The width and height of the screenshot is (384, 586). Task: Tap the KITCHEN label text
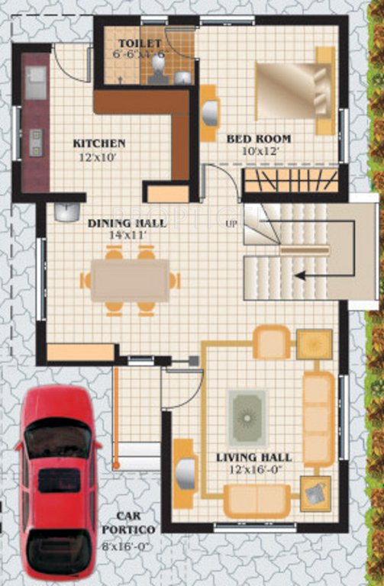[x=99, y=143]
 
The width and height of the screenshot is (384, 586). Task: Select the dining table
[x=130, y=280]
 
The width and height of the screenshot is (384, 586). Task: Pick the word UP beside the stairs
[x=231, y=224]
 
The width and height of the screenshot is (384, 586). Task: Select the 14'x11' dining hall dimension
[x=127, y=236]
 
